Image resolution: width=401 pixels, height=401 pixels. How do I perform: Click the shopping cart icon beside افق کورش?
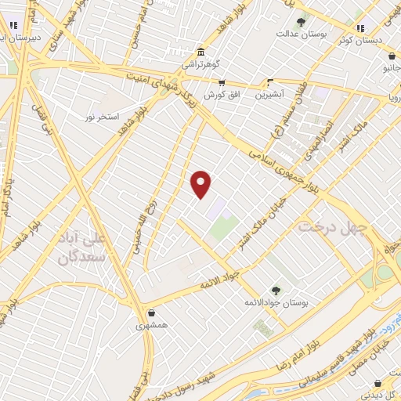click(x=222, y=82)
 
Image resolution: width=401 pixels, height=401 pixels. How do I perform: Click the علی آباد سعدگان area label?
click(x=89, y=244)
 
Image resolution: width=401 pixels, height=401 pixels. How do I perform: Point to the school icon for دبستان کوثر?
click(x=361, y=29)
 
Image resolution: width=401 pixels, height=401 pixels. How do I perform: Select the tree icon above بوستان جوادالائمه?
click(x=275, y=290)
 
